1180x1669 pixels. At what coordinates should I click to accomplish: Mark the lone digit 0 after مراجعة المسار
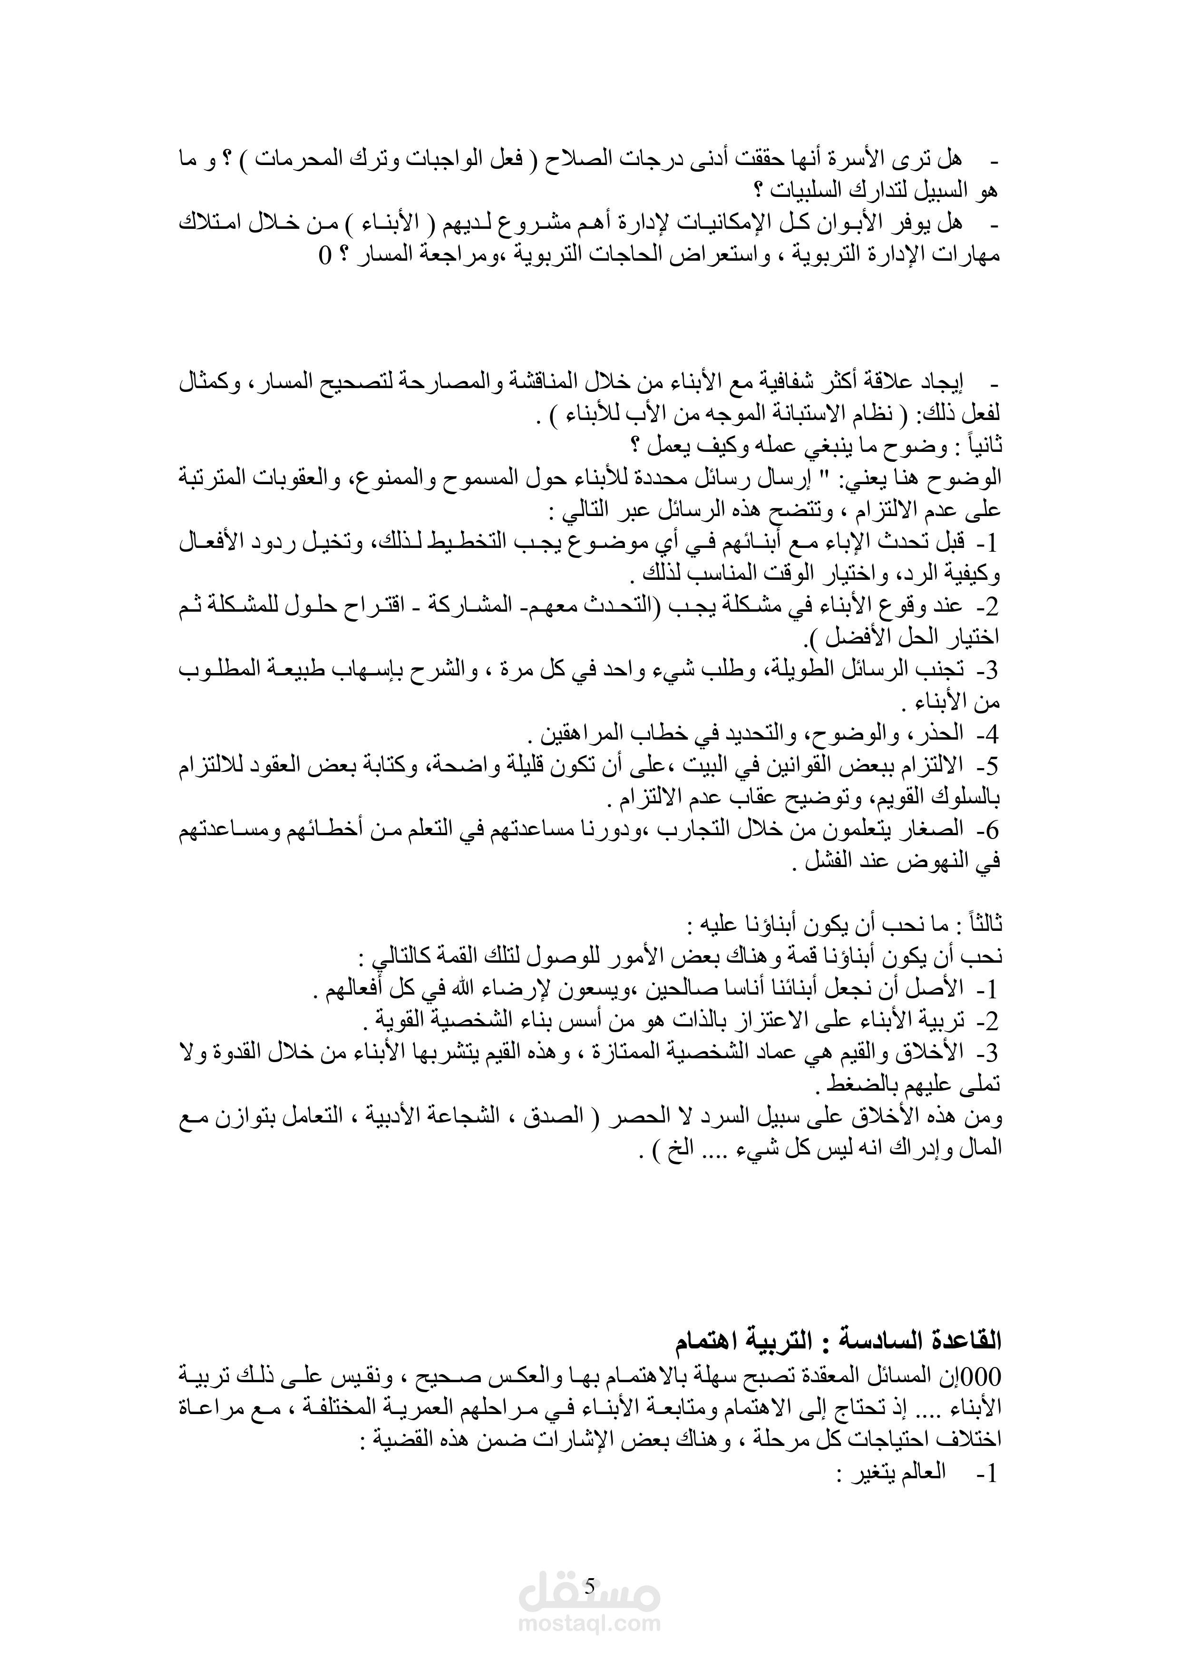(324, 255)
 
